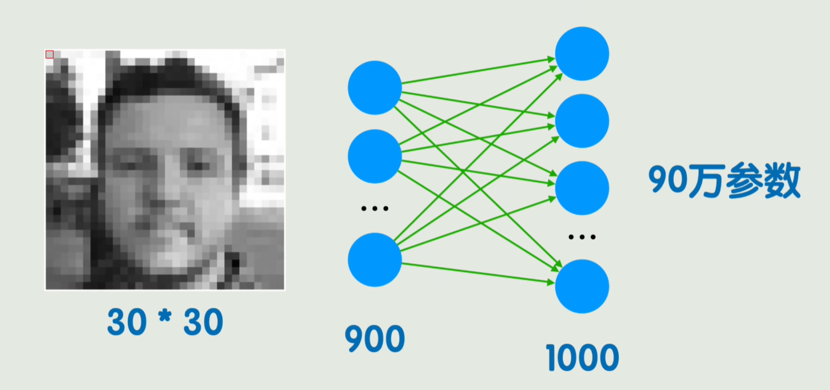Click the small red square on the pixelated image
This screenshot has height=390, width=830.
(50, 54)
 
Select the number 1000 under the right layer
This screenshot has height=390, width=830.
(582, 357)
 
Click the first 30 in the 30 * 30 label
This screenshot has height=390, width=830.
(127, 322)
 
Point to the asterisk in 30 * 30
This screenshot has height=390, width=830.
(165, 319)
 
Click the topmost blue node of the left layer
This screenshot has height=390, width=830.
(375, 88)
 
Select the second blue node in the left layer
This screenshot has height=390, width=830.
(375, 156)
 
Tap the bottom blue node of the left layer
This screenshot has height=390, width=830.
(375, 260)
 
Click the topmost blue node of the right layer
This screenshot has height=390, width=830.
(582, 53)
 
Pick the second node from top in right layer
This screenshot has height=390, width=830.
(582, 121)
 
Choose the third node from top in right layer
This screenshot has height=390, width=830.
(582, 188)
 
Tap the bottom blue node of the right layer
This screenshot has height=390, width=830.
(582, 286)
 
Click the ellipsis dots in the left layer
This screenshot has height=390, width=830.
(375, 209)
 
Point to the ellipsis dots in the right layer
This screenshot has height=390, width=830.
(582, 237)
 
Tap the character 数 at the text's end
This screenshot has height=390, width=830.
(783, 182)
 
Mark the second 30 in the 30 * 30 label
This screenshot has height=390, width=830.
(203, 322)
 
